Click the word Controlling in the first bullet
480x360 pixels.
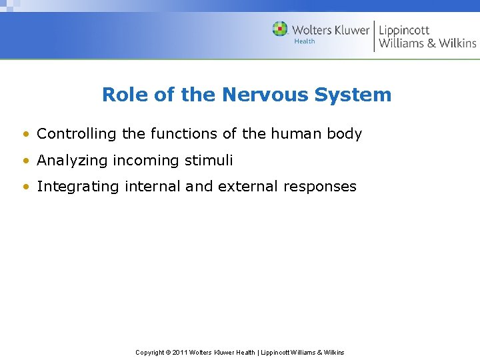tap(77, 134)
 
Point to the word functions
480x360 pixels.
tap(185, 134)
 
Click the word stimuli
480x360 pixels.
tap(210, 161)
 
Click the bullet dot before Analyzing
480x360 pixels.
tap(25, 161)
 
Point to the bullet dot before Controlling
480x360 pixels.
tap(25, 135)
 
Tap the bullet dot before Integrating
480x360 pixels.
tap(25, 187)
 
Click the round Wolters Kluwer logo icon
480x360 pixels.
tap(280, 29)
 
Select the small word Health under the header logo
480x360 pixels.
tap(305, 41)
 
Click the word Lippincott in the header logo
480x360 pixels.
tap(405, 30)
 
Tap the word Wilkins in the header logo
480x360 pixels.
tap(457, 43)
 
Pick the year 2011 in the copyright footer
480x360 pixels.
tap(180, 352)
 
